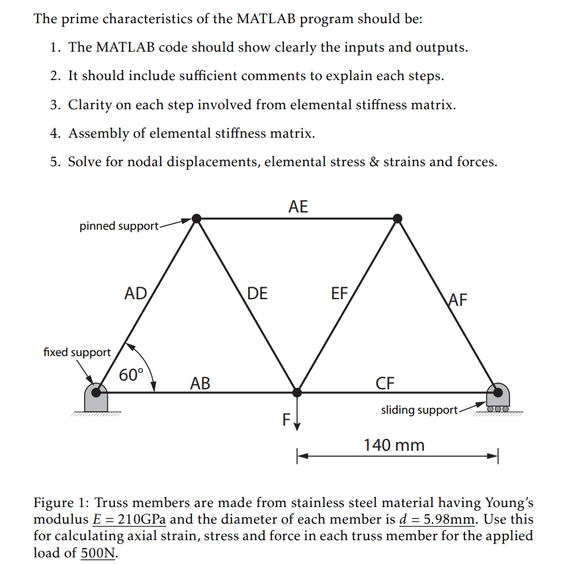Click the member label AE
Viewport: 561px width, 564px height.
298,207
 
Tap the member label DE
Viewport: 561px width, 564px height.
257,293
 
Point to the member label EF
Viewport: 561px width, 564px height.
339,293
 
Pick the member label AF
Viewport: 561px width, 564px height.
457,300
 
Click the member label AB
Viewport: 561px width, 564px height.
200,383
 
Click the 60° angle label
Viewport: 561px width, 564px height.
131,375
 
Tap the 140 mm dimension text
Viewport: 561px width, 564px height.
394,445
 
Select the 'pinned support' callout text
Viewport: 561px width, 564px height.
119,226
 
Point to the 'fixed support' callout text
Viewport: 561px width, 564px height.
77,352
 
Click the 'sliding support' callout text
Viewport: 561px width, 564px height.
419,410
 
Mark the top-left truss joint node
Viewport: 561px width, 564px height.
196,218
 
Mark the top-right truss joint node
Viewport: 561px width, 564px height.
397,218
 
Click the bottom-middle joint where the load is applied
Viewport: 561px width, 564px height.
297,392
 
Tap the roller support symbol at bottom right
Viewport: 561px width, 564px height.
497,397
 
